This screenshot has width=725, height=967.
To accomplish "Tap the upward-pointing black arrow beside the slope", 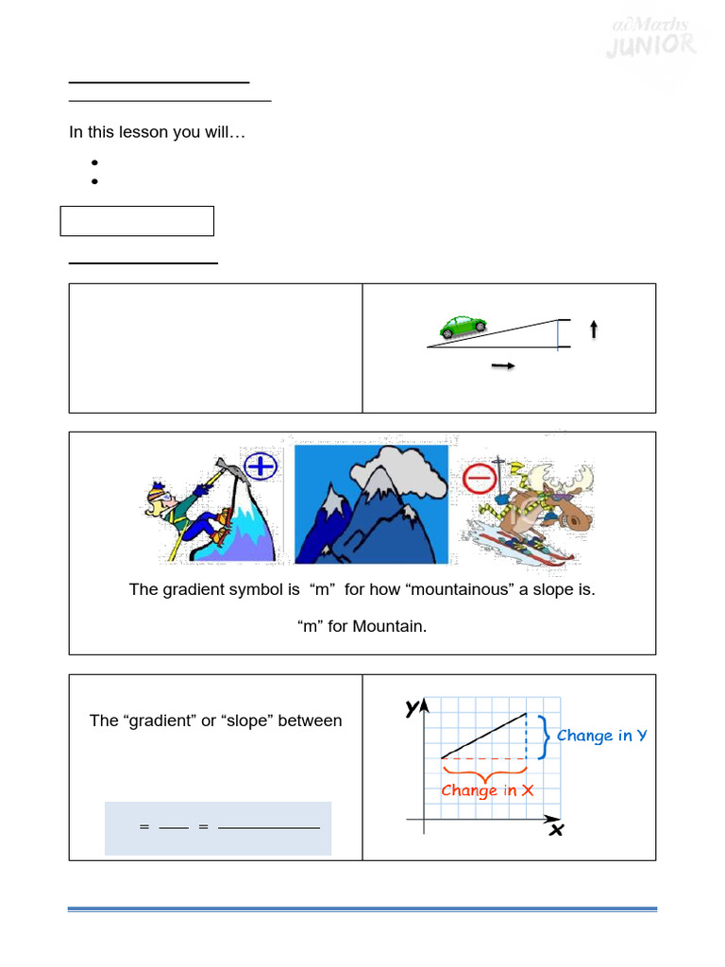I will [x=594, y=329].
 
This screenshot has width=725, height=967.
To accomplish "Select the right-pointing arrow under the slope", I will [x=503, y=366].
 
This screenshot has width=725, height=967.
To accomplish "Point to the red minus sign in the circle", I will [x=481, y=479].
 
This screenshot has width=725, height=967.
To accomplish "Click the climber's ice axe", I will [x=219, y=467].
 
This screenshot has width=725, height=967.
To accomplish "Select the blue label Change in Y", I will [x=601, y=736].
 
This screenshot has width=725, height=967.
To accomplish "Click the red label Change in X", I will [x=487, y=790].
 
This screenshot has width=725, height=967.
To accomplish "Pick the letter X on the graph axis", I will [x=556, y=830].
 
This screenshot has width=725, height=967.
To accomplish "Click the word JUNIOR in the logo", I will [x=652, y=44].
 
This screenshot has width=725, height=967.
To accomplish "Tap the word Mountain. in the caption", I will [x=390, y=625].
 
